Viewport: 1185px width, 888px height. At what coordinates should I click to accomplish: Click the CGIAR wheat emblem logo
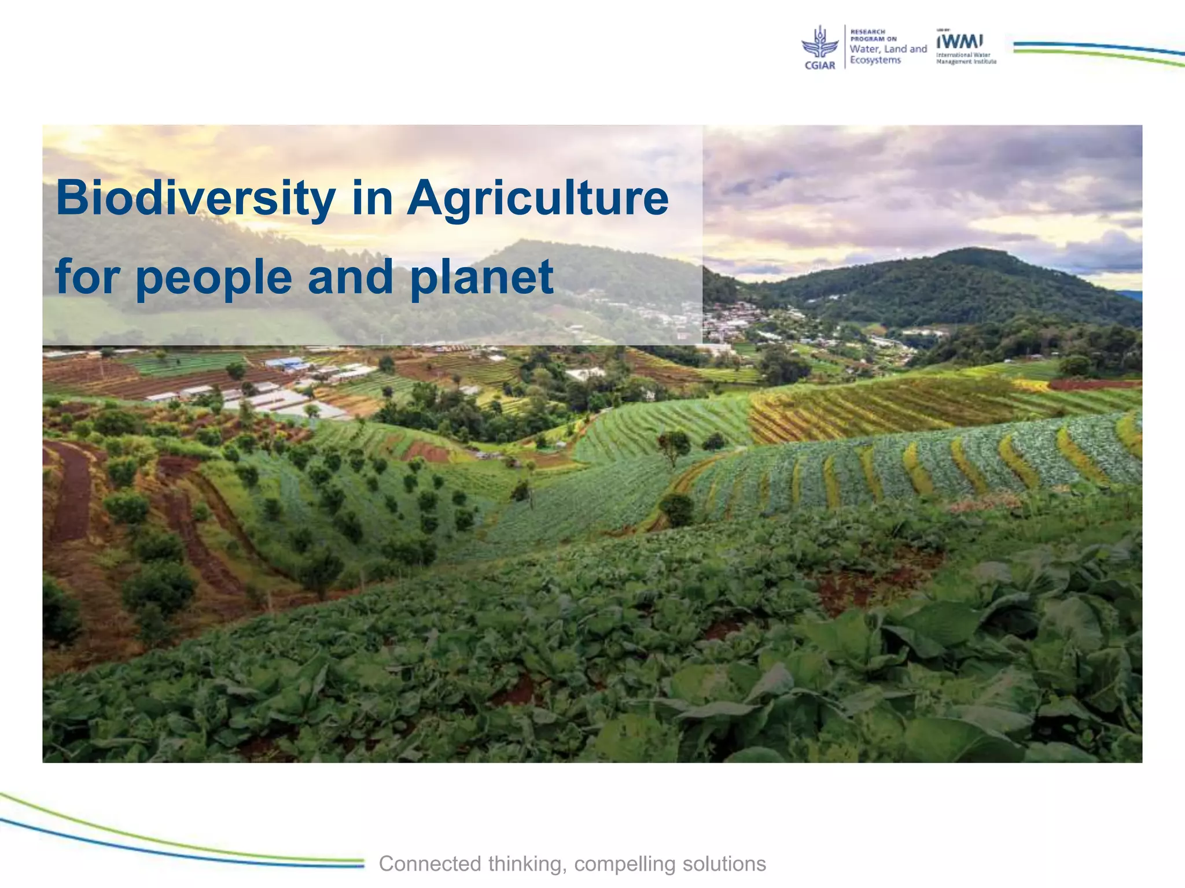coord(819,43)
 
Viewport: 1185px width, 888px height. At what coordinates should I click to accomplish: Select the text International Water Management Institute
coord(966,58)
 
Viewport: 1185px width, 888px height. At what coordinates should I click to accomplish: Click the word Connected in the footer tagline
coord(430,864)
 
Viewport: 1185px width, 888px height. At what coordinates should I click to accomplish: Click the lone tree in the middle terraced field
coord(673,445)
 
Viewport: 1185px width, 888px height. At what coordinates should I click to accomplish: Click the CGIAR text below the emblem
coord(820,65)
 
